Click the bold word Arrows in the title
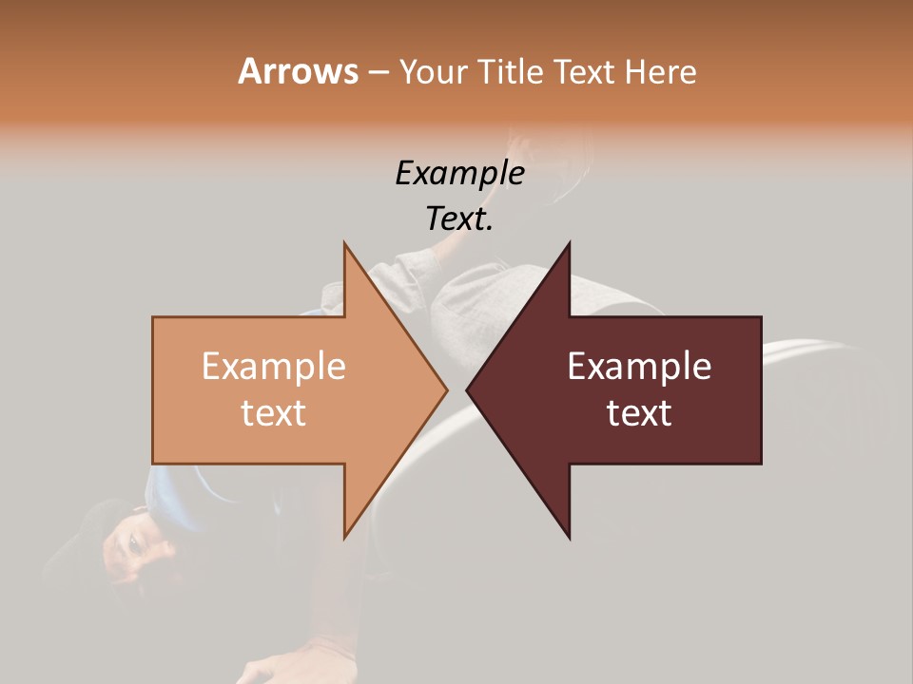click(x=298, y=71)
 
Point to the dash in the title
click(x=378, y=72)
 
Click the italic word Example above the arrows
click(x=459, y=173)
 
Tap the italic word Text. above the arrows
click(x=459, y=218)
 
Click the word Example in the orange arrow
click(x=274, y=366)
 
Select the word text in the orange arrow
click(x=274, y=412)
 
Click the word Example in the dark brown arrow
click(x=639, y=366)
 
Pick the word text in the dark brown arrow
click(x=639, y=412)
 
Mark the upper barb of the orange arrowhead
click(x=347, y=247)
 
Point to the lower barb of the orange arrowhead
click(x=347, y=533)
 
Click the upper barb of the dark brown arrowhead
click(x=567, y=247)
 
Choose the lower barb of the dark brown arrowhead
click(x=567, y=533)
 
